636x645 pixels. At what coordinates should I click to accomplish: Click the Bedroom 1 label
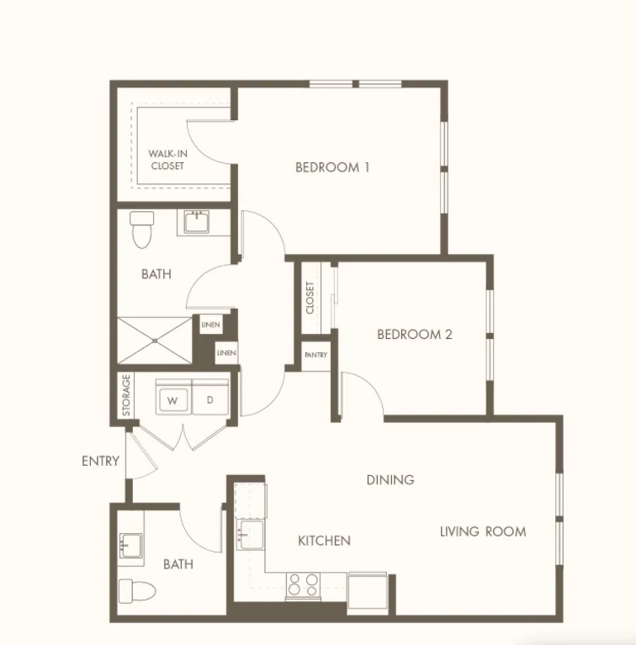coord(332,167)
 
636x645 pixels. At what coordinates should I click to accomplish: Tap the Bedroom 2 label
coord(414,334)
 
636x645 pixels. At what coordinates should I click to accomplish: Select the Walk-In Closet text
coord(167,160)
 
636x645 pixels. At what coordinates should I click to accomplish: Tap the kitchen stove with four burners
coord(303,584)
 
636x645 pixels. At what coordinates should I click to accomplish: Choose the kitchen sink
coord(250,534)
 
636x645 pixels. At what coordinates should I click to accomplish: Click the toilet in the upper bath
coord(142,230)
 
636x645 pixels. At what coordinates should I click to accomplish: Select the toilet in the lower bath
coord(137,591)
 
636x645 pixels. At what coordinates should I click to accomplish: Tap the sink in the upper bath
coord(197,222)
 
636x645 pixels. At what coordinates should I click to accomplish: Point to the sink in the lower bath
coord(131,546)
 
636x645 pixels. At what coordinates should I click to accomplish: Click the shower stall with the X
coord(155,341)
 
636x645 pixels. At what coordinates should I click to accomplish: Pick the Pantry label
coord(316,355)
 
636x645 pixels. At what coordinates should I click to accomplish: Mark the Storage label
coord(126,395)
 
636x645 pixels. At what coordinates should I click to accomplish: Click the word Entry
coord(100,461)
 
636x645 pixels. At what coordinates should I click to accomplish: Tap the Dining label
coord(390,479)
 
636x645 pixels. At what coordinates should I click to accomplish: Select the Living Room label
coord(483,531)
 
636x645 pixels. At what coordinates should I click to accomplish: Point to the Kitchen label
coord(324,541)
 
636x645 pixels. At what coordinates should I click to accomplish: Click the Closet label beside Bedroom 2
coord(310,298)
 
